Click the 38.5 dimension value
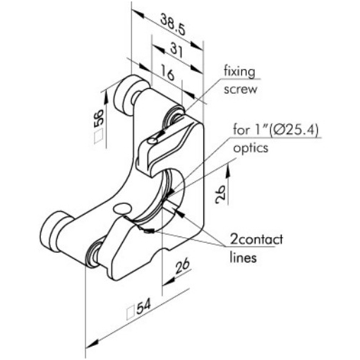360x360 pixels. [173, 25]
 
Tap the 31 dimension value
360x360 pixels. [176, 51]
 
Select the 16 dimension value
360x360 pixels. [168, 73]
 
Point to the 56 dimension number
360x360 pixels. [99, 119]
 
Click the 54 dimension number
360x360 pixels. [143, 306]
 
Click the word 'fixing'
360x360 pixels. [239, 72]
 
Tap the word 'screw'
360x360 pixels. [240, 90]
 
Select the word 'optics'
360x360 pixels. [251, 148]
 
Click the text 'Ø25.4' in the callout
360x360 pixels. [294, 130]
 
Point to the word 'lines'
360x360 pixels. [243, 258]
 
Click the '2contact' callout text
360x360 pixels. [256, 239]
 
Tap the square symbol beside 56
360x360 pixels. [99, 136]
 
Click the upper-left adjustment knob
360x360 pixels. [129, 95]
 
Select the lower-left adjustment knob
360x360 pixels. [56, 232]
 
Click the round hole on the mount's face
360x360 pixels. [122, 208]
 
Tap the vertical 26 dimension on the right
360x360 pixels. [220, 195]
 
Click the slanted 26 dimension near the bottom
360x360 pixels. [182, 265]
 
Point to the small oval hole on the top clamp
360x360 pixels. [152, 141]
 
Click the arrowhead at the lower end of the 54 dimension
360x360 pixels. [92, 344]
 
